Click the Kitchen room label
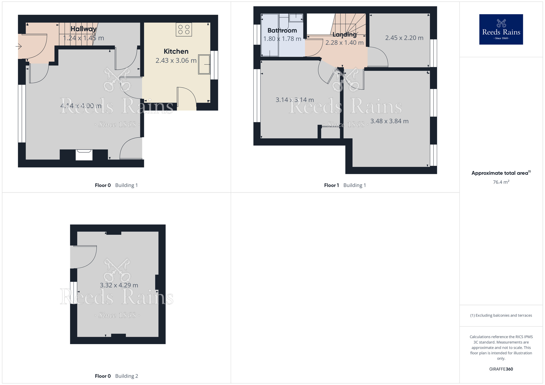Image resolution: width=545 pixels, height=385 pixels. pyautogui.click(x=176, y=51)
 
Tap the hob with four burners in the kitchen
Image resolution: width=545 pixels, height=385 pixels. pyautogui.click(x=184, y=29)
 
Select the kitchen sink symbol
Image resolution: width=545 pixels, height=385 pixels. pyautogui.click(x=204, y=64)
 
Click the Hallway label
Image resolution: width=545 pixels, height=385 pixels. pyautogui.click(x=83, y=29)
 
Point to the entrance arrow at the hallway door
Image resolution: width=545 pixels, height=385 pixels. pyautogui.click(x=19, y=47)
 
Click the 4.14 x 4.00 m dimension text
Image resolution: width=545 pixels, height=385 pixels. pyautogui.click(x=81, y=106)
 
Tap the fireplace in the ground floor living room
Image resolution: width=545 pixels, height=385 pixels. pyautogui.click(x=84, y=155)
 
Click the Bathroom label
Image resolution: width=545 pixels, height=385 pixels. pyautogui.click(x=282, y=30)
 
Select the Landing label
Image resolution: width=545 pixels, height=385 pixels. pyautogui.click(x=344, y=35)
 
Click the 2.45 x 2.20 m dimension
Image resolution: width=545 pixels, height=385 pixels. pyautogui.click(x=404, y=38)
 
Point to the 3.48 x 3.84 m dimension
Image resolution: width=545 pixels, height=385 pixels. pyautogui.click(x=389, y=121)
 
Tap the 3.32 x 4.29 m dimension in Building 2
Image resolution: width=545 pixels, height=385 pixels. pyautogui.click(x=119, y=285)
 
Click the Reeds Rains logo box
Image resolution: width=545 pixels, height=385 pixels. pyautogui.click(x=501, y=29)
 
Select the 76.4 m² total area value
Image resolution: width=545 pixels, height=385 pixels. pyautogui.click(x=501, y=182)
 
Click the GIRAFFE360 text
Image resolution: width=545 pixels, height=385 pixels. pyautogui.click(x=501, y=369)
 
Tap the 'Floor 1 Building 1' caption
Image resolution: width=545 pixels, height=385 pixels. pyautogui.click(x=345, y=185)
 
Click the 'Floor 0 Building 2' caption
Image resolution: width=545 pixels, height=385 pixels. pyautogui.click(x=116, y=376)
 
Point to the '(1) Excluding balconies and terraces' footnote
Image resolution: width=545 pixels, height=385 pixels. pyautogui.click(x=501, y=316)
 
